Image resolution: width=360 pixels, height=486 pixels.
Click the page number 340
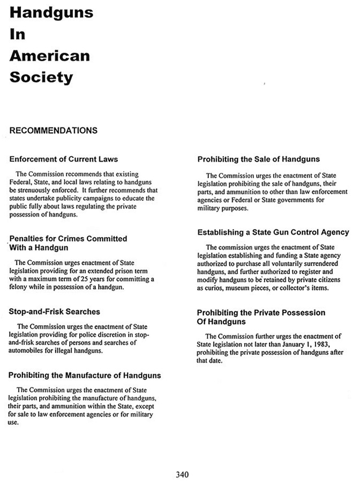(x=182, y=474)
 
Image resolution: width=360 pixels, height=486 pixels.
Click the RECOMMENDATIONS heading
(x=53, y=130)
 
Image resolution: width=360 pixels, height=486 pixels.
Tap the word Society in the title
(x=41, y=77)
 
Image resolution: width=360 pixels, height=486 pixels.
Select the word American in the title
(x=49, y=56)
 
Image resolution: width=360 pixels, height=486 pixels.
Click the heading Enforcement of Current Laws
(x=64, y=159)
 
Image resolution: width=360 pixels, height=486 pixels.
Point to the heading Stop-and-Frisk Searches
(x=55, y=312)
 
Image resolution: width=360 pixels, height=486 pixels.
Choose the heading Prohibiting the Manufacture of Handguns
(x=85, y=376)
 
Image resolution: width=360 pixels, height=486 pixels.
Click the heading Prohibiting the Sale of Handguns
(x=258, y=159)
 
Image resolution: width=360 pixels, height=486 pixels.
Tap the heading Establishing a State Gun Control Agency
(x=273, y=232)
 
